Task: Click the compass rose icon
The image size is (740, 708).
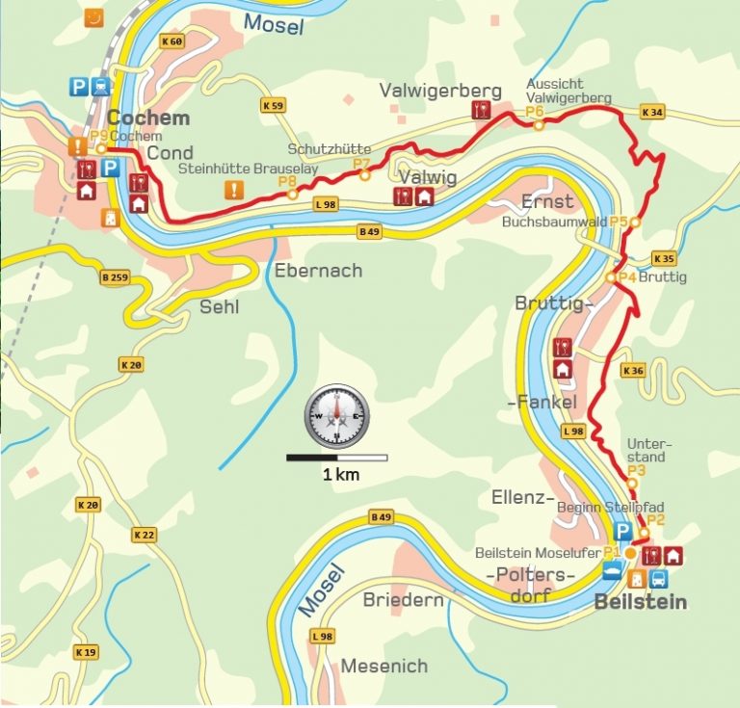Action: tap(336, 416)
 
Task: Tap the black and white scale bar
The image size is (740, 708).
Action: tap(336, 458)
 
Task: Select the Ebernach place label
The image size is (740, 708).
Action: tap(318, 271)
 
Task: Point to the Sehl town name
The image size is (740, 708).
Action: tap(219, 307)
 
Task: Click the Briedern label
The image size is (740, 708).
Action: tap(403, 600)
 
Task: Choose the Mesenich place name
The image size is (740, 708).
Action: tap(383, 667)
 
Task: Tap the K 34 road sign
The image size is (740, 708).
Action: tap(652, 113)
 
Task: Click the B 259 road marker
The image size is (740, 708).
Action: tap(114, 278)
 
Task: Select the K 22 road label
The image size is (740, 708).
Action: tap(145, 535)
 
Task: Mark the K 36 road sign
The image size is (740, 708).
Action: tap(633, 371)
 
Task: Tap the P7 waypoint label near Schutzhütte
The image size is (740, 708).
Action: tap(361, 165)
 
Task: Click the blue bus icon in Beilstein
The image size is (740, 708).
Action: tap(659, 579)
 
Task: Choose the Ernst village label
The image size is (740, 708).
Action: tap(547, 201)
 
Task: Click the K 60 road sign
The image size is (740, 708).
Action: tap(172, 41)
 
